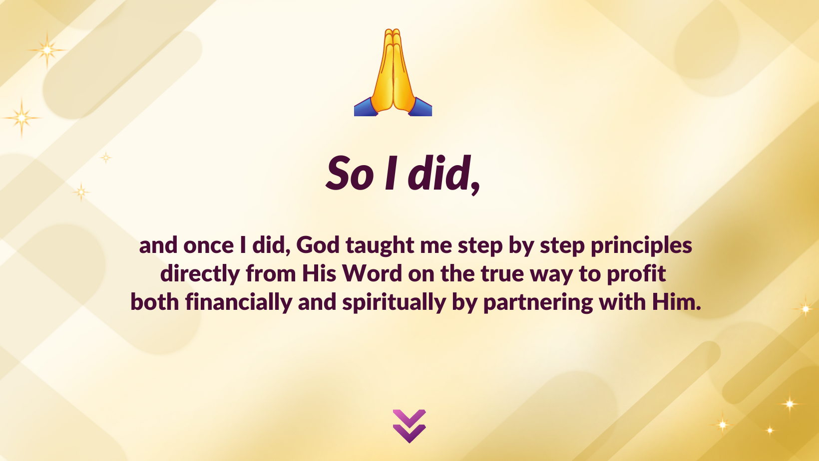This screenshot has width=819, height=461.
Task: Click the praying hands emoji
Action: (393, 72)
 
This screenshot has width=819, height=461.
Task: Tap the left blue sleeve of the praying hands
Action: (366, 108)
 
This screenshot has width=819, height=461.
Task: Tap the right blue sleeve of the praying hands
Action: (420, 108)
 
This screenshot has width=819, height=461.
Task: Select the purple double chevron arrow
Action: (409, 426)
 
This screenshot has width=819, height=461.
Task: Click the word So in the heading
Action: (350, 173)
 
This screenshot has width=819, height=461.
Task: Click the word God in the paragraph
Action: (318, 245)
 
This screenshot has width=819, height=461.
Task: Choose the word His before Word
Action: (319, 273)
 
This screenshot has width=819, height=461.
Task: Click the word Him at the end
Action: (676, 302)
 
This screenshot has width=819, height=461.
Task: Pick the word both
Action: (155, 302)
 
